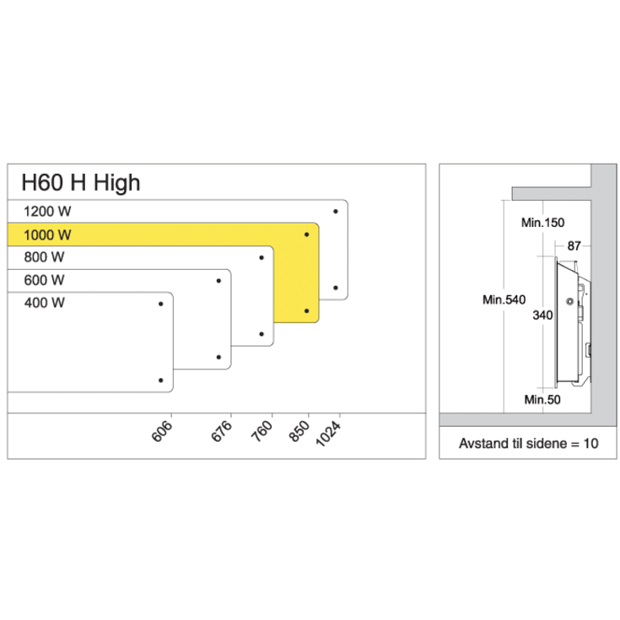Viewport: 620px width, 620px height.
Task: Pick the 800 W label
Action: click(x=45, y=257)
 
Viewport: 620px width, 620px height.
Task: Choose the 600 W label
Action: click(x=45, y=280)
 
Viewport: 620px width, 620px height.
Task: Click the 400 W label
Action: click(x=45, y=302)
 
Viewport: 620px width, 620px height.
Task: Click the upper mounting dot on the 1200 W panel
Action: click(x=336, y=211)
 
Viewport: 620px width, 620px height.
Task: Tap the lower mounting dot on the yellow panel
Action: click(x=306, y=311)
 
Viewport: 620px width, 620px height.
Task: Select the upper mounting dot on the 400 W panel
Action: click(x=160, y=303)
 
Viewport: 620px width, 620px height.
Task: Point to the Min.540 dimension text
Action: click(x=505, y=299)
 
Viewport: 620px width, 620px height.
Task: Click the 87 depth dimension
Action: click(x=575, y=245)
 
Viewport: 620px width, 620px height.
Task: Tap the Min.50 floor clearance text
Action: click(x=542, y=400)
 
